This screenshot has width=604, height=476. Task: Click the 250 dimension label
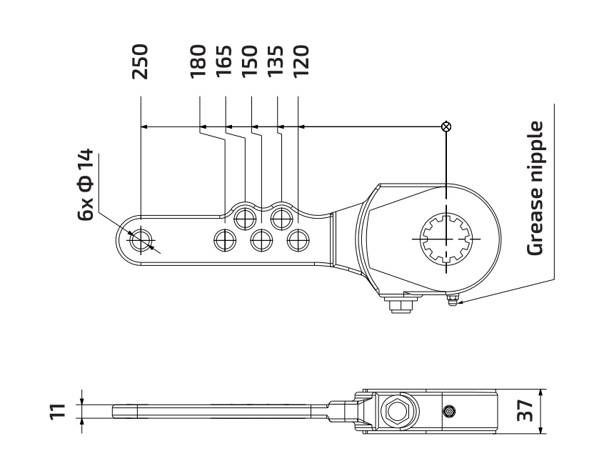coord(140,61)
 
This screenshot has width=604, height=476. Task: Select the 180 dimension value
coord(198,61)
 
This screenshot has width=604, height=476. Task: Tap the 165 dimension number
coord(224,61)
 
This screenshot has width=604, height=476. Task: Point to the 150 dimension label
coord(250,61)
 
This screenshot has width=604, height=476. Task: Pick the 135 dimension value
coord(276,61)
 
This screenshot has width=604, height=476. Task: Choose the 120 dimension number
coord(301,61)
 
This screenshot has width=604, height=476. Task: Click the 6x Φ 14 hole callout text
coord(86,184)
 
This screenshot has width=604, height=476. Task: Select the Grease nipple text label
coord(535,188)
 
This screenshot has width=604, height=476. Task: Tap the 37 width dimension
coord(525,411)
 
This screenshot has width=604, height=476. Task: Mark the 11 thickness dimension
coord(58,411)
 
